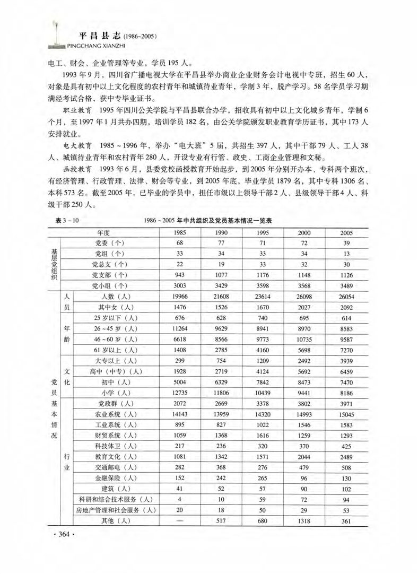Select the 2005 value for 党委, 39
(347, 243)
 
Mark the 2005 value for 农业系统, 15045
(347, 414)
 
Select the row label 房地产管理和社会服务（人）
(116, 510)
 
